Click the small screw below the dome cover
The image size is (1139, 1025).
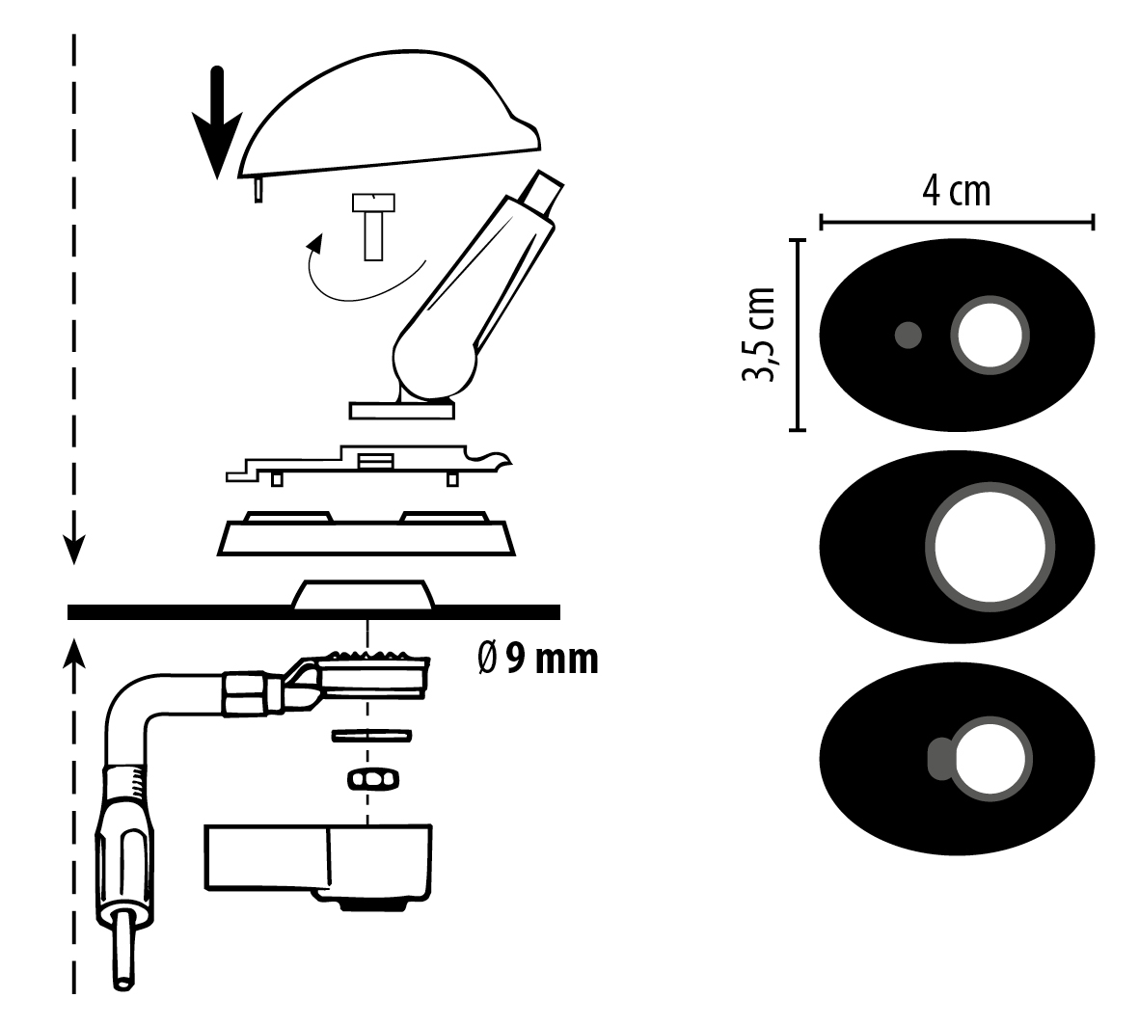(x=373, y=227)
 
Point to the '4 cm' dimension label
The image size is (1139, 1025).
(x=956, y=191)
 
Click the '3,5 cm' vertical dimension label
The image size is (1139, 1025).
(x=760, y=335)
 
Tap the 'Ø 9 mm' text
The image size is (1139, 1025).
(x=538, y=659)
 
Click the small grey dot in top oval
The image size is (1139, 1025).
(x=908, y=336)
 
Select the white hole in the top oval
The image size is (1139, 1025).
(x=990, y=336)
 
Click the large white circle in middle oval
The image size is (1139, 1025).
(x=990, y=547)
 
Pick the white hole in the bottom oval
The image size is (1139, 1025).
(x=990, y=759)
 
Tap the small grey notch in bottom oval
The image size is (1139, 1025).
(x=937, y=759)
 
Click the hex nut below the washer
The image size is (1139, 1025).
(x=371, y=779)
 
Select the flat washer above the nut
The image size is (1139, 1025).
(x=371, y=737)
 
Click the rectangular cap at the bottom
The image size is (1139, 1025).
(x=318, y=858)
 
